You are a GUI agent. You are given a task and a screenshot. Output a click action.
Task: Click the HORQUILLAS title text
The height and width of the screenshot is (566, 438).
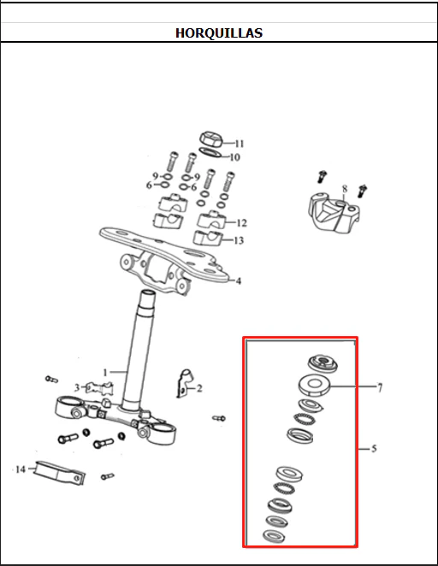click(x=219, y=32)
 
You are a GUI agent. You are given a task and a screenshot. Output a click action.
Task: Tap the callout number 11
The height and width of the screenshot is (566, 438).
click(x=240, y=144)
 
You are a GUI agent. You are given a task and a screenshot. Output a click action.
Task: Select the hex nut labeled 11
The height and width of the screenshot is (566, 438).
click(x=211, y=139)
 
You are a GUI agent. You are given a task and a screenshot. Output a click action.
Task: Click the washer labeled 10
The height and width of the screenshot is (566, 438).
click(x=210, y=152)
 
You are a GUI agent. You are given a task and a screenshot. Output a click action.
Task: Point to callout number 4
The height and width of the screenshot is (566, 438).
click(x=239, y=280)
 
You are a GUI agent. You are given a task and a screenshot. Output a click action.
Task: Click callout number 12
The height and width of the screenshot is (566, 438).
click(x=241, y=222)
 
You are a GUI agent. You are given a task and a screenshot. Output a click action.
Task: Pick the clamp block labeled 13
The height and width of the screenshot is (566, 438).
click(x=208, y=238)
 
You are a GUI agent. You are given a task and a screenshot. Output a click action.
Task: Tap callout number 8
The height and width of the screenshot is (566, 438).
click(x=345, y=189)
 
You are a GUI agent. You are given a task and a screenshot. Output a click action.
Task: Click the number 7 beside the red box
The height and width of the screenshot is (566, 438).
click(x=380, y=387)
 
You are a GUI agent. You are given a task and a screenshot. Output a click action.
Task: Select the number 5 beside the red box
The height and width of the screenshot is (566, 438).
click(x=374, y=449)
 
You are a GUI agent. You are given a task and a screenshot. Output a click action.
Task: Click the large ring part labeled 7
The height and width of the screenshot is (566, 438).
click(x=314, y=385)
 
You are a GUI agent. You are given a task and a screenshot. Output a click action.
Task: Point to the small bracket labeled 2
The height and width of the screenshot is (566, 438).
click(x=185, y=383)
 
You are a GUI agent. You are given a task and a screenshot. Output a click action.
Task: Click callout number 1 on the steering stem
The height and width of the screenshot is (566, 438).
click(x=105, y=372)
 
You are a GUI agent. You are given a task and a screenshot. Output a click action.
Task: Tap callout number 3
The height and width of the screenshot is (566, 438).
click(x=77, y=387)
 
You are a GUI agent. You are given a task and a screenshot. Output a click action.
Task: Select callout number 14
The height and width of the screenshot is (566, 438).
click(x=21, y=469)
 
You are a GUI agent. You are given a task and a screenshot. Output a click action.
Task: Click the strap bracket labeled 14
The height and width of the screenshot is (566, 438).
click(x=60, y=473)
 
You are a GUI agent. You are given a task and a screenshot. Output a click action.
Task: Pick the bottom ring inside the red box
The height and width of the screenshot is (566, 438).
click(x=274, y=536)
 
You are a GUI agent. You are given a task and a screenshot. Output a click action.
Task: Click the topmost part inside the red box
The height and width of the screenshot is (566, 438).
click(x=323, y=363)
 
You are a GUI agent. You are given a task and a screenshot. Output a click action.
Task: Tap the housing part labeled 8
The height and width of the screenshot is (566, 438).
click(x=334, y=212)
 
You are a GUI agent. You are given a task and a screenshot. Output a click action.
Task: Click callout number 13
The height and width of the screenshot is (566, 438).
click(x=239, y=240)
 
